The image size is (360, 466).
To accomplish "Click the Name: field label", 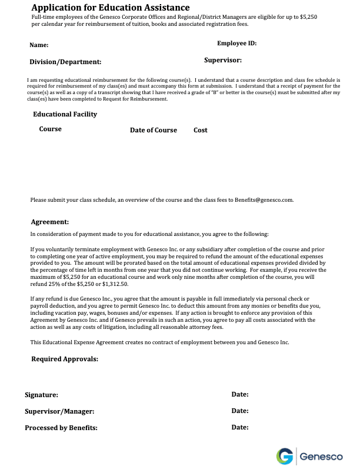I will [39, 45].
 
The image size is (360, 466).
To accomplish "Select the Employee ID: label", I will [236, 44].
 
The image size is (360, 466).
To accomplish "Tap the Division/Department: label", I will [65, 62].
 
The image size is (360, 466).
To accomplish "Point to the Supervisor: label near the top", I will [223, 60].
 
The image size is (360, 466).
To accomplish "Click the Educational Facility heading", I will [65, 114].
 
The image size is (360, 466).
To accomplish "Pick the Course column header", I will [50, 129].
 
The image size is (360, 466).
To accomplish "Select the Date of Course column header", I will [153, 130].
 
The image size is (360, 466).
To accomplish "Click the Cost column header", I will [201, 130].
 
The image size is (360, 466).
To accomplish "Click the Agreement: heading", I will [50, 222].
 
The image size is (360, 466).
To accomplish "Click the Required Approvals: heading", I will [65, 359].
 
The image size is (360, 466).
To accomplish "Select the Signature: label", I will [41, 395].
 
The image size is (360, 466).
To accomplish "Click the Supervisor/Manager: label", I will [59, 412].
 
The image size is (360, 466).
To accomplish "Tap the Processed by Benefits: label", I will [61, 428].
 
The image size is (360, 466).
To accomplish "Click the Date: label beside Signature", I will [240, 394].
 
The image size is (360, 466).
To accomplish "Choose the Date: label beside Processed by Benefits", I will [240, 427].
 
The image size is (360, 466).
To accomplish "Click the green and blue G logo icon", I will [285, 456].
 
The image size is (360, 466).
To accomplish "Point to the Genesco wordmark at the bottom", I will [321, 456].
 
